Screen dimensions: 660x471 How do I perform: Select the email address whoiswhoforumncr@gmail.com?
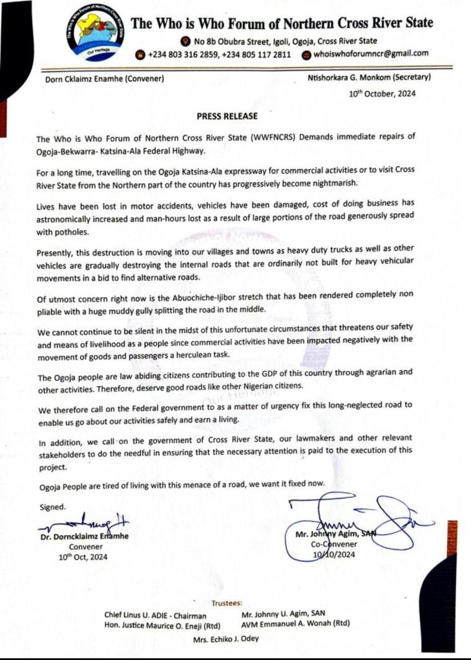(x=372, y=54)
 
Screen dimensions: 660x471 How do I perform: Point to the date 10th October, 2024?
(x=382, y=94)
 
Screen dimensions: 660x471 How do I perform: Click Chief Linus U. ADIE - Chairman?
(x=156, y=616)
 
